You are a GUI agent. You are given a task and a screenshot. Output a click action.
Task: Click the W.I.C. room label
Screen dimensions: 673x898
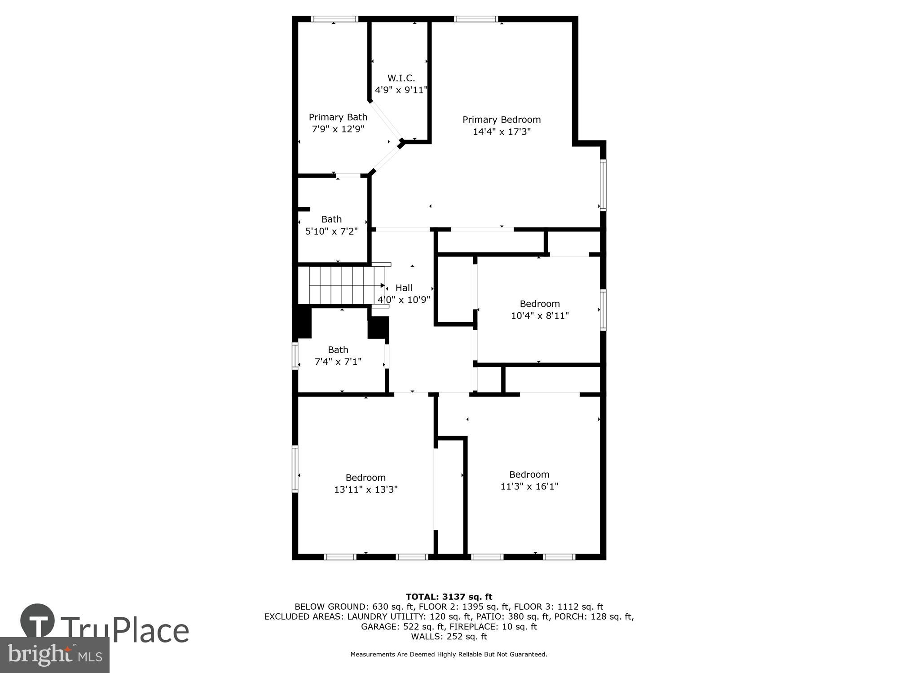tap(401, 79)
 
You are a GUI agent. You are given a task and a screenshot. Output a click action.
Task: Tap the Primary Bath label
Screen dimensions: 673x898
tap(338, 117)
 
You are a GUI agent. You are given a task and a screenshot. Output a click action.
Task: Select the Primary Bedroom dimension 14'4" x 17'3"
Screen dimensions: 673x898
tap(502, 132)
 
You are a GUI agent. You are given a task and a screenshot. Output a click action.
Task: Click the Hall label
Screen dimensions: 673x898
tap(404, 288)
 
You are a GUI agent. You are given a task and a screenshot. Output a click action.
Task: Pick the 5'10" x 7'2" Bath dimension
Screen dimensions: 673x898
tap(331, 232)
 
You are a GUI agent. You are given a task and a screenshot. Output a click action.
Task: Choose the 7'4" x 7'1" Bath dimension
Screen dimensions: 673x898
tap(338, 362)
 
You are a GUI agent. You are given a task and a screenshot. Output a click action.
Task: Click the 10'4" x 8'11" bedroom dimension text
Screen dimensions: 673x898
tap(540, 316)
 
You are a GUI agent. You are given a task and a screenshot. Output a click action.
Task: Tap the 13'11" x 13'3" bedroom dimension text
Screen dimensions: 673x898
tap(365, 489)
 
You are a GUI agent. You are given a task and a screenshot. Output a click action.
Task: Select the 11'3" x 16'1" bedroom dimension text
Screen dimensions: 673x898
tap(529, 486)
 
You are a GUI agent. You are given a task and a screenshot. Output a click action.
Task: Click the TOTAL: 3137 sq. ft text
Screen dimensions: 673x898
tap(449, 597)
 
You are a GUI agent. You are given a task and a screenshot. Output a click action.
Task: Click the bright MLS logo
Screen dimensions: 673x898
tap(54, 655)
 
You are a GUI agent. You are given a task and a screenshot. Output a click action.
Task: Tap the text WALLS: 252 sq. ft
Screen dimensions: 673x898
tap(449, 636)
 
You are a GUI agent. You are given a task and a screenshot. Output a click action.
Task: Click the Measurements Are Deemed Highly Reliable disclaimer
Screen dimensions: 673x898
tap(449, 654)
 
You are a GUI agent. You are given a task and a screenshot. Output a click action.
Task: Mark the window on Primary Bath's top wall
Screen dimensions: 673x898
tap(335, 19)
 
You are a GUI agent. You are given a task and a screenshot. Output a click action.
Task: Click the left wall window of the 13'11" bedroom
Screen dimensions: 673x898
tap(295, 468)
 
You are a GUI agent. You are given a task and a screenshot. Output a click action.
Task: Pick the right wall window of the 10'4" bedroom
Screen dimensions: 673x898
tap(603, 310)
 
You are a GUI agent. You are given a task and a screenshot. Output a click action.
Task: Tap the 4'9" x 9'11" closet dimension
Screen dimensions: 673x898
tap(401, 90)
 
